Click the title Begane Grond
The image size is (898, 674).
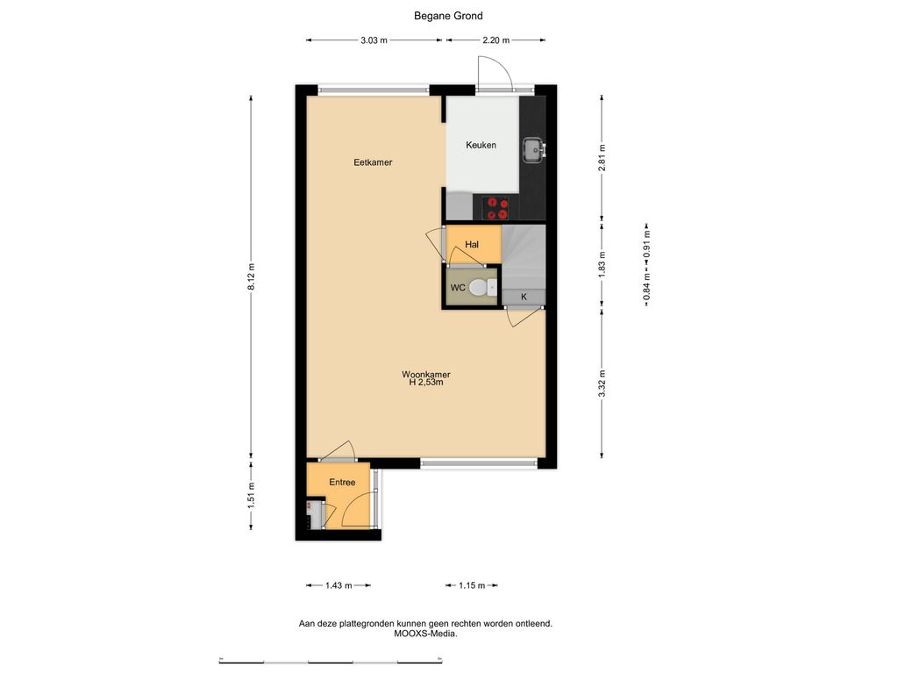coord(448,16)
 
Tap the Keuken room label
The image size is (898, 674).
coord(481,145)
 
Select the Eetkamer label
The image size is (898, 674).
coord(373,162)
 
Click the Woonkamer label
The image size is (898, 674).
coord(426,375)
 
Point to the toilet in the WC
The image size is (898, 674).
coord(483,287)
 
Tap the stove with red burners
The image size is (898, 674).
coord(496,208)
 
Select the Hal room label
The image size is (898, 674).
coord(472,245)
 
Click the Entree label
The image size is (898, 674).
coord(342,483)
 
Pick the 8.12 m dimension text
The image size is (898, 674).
coord(251,276)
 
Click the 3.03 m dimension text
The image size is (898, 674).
coord(374,40)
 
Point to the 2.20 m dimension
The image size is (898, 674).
coord(496,40)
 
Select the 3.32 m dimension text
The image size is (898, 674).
coord(602,384)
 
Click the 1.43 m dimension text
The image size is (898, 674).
coord(339,585)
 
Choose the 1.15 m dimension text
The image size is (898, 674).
coord(472,585)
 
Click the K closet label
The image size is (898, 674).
coord(524,297)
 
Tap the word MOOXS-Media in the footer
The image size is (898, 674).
coord(425,634)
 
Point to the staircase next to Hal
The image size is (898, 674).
coord(524,257)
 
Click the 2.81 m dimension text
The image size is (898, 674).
coord(602,158)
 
